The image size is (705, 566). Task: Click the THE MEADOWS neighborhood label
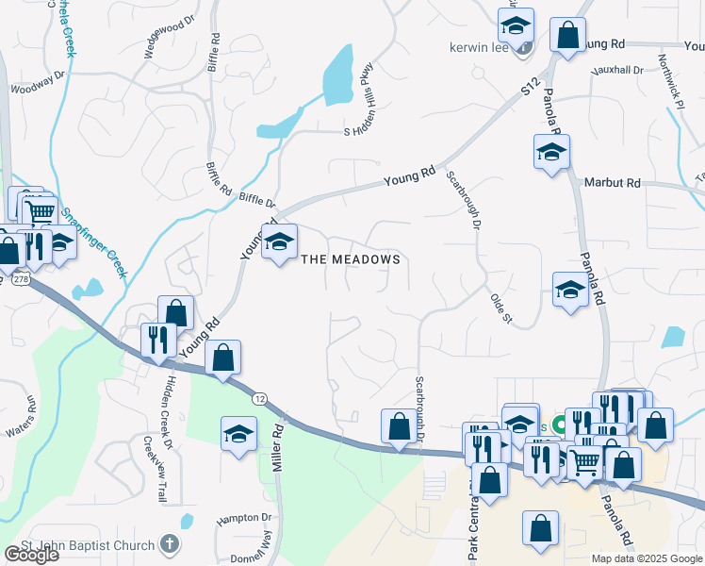(351, 259)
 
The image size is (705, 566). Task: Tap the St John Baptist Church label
(90, 544)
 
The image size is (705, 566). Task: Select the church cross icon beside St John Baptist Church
(169, 543)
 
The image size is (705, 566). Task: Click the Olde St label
(500, 308)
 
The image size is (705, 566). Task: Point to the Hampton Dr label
(243, 518)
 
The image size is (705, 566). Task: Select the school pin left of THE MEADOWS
(278, 242)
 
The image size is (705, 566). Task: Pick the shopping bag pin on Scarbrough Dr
(398, 426)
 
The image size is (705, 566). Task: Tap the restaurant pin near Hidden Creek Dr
(157, 339)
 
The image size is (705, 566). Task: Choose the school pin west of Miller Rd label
(238, 434)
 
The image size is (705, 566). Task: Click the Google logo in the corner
(31, 555)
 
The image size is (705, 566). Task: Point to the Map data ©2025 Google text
(647, 558)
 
